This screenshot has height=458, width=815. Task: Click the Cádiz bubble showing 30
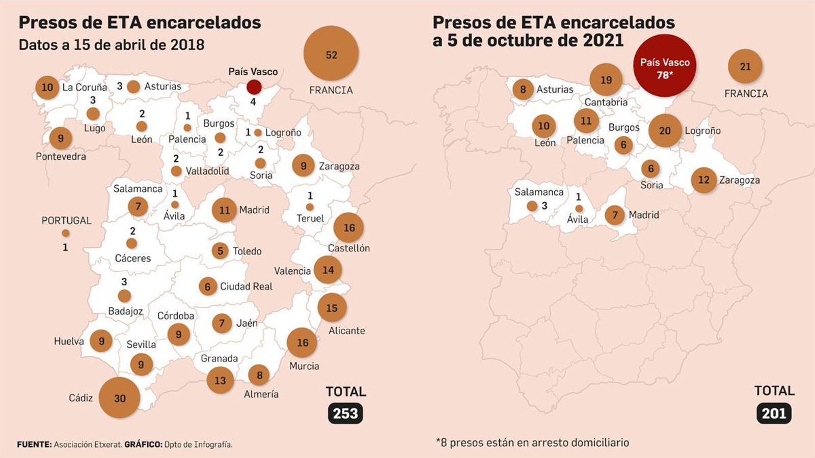(119, 398)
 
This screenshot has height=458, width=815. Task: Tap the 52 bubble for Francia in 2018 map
(331, 54)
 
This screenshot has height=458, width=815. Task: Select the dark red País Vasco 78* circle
(664, 66)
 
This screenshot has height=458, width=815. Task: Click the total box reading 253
(345, 413)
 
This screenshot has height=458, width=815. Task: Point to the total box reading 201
(774, 413)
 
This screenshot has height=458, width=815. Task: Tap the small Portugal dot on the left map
(66, 233)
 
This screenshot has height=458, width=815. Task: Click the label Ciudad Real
(246, 287)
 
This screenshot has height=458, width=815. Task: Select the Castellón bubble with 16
(349, 227)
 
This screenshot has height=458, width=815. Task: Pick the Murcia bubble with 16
(302, 342)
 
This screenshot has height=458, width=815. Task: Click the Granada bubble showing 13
(220, 380)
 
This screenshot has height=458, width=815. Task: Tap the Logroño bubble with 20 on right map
(665, 131)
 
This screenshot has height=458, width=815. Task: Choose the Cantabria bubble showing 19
(606, 80)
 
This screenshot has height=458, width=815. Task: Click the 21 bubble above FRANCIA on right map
(745, 66)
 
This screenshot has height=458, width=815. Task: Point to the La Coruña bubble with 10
(47, 87)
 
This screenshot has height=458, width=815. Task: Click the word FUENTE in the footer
(34, 444)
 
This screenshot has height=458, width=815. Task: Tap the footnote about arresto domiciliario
(532, 442)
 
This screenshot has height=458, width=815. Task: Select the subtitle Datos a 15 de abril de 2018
(112, 45)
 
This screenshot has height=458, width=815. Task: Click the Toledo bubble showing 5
(220, 250)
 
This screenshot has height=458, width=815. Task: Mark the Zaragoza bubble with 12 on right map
(703, 180)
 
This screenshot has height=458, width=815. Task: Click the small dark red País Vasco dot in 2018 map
(254, 87)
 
